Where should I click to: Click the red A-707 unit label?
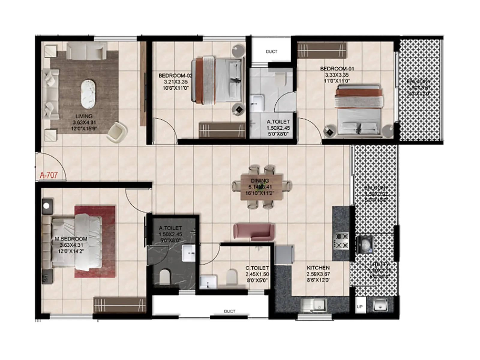(x=49, y=175)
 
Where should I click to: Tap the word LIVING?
(x=84, y=116)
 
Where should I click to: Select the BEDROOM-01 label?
(x=337, y=69)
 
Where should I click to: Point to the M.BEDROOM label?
(x=71, y=239)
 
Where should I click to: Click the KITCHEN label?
(x=318, y=268)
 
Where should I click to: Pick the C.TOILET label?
(x=257, y=268)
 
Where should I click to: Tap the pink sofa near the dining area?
(x=254, y=232)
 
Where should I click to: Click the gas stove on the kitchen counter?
(x=342, y=241)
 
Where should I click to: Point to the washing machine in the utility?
(x=364, y=244)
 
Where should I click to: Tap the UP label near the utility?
(x=360, y=307)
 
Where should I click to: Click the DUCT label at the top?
(x=271, y=52)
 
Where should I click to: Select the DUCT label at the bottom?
(x=229, y=311)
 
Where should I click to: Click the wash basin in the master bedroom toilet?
(x=189, y=253)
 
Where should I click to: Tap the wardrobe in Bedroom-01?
(x=322, y=50)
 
